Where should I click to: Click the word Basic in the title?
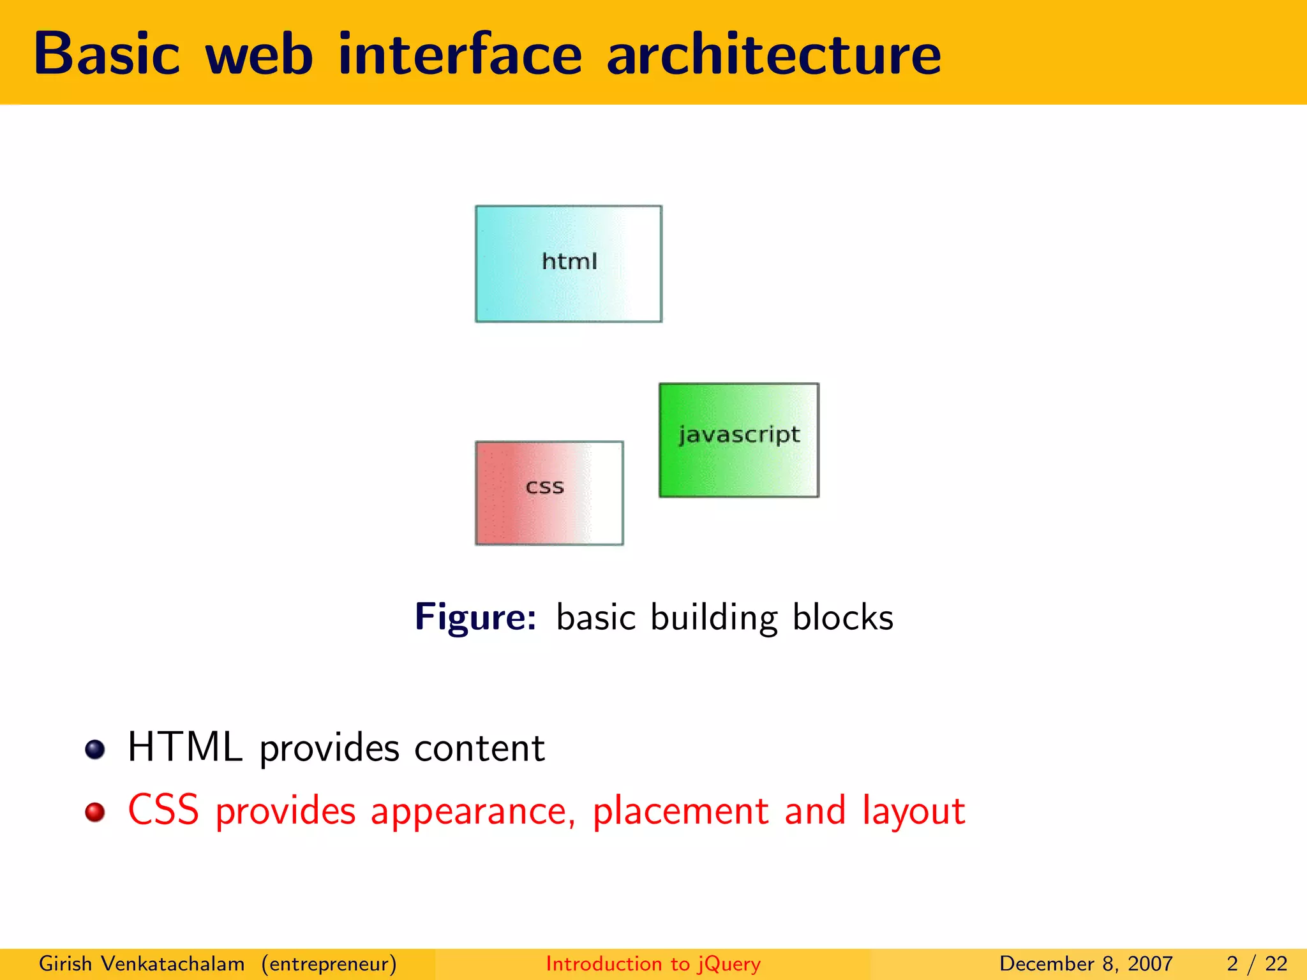(x=107, y=54)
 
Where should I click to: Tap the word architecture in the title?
(x=773, y=54)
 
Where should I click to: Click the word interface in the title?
(x=459, y=54)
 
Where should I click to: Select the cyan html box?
(x=568, y=264)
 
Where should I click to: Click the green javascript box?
(x=738, y=440)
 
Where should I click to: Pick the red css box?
(x=549, y=493)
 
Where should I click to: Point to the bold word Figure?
(x=475, y=617)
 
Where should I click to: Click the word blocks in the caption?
(x=842, y=617)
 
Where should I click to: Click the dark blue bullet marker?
(x=95, y=750)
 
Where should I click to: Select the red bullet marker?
(x=95, y=812)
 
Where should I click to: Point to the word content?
(x=479, y=748)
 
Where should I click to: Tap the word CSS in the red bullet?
(x=163, y=810)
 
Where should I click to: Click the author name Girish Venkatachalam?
(x=142, y=963)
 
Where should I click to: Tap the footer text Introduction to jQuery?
(x=653, y=963)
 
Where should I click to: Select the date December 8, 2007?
(x=1086, y=963)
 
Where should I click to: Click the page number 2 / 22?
(x=1257, y=963)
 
